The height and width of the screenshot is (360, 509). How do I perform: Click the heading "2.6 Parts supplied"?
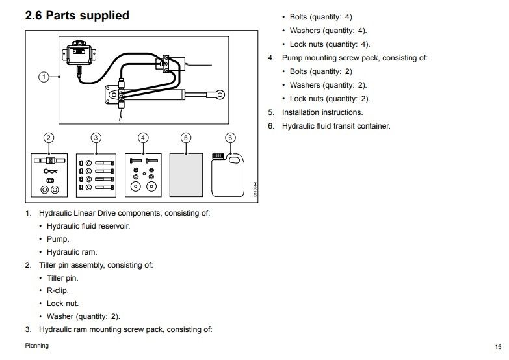click(x=77, y=16)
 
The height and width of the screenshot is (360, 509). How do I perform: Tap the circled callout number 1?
click(x=44, y=77)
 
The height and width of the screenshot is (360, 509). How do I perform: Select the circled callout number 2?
click(x=48, y=138)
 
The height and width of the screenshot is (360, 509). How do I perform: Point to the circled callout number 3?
click(x=96, y=138)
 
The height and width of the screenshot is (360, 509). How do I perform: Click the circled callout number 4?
click(x=144, y=138)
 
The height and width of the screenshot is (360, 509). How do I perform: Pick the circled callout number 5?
click(x=186, y=138)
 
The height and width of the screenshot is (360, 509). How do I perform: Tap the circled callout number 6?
click(x=230, y=138)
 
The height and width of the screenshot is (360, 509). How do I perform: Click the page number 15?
click(x=498, y=346)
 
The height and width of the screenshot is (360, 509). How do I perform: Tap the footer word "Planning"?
click(x=36, y=346)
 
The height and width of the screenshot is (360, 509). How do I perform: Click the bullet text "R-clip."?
click(x=57, y=290)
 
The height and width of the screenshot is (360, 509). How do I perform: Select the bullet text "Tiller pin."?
click(x=62, y=277)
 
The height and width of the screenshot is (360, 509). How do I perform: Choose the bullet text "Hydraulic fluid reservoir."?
click(x=88, y=225)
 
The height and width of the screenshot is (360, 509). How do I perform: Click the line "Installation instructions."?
click(x=322, y=112)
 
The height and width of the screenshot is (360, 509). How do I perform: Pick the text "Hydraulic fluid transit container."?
click(x=335, y=125)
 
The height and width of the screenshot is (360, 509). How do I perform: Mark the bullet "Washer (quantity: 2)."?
click(x=83, y=316)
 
